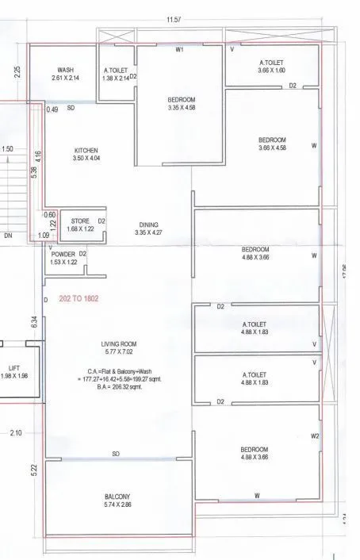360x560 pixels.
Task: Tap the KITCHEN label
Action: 86,149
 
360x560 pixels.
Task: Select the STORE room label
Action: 80,221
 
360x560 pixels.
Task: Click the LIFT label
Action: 13,368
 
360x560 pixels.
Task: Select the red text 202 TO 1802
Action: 81,300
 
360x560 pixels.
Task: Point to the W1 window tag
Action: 180,49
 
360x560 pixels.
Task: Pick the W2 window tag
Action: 315,436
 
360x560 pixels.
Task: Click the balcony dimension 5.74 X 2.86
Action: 117,504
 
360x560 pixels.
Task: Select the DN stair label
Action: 7,236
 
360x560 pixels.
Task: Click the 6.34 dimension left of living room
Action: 34,321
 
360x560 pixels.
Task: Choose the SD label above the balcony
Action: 116,455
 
